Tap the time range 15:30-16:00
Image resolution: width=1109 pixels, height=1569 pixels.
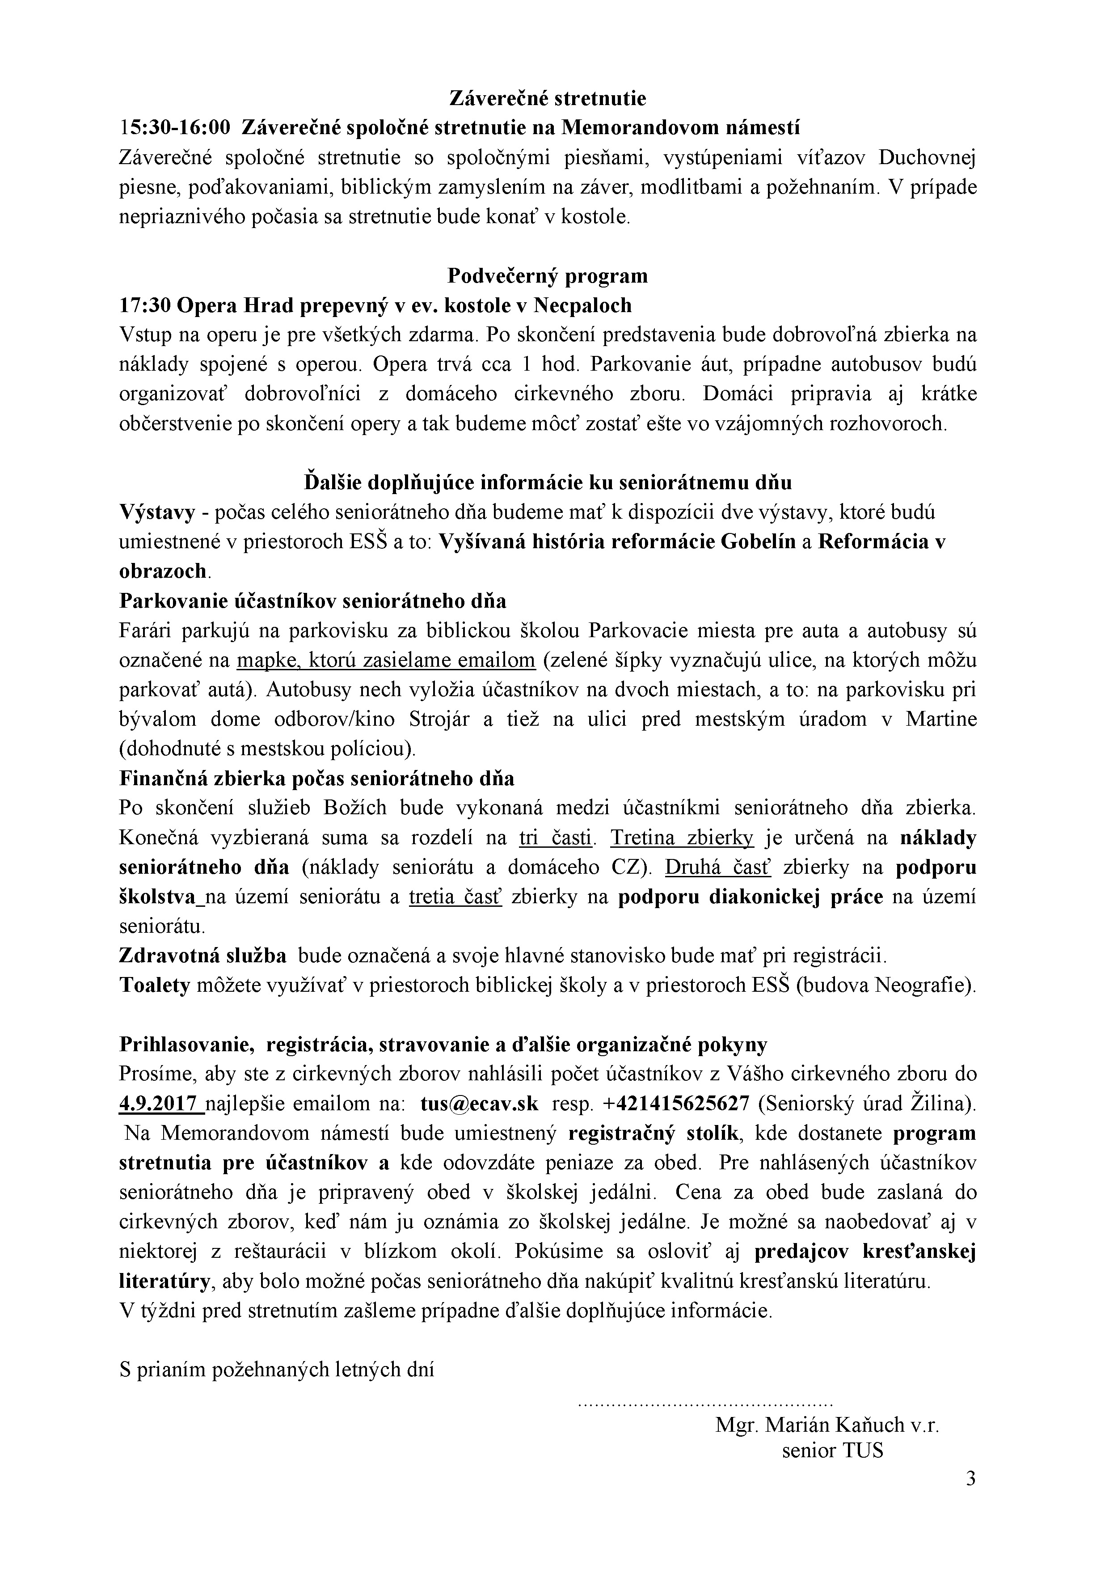pyautogui.click(x=175, y=128)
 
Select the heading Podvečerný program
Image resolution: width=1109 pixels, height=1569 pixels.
pyautogui.click(x=547, y=275)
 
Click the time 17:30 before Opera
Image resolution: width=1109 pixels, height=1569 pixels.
pyautogui.click(x=144, y=305)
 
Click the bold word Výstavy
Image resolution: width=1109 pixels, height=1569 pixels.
pyautogui.click(x=157, y=512)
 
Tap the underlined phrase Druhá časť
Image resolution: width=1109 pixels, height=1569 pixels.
pyautogui.click(x=717, y=867)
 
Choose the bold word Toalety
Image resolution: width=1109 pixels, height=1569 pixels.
pyautogui.click(x=154, y=985)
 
